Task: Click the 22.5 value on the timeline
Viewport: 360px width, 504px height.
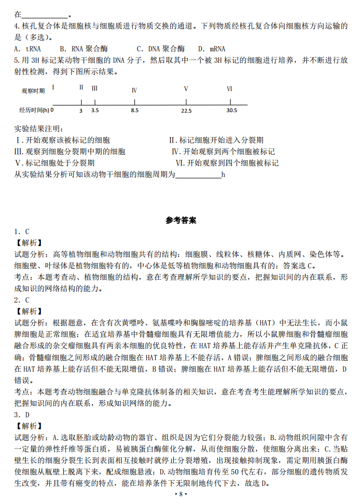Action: click(186, 111)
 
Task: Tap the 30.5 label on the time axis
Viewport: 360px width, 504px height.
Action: click(231, 110)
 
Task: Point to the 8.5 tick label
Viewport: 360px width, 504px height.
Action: click(134, 111)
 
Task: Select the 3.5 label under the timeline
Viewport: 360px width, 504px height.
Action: click(95, 111)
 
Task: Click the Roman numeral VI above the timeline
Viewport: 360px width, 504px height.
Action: click(229, 89)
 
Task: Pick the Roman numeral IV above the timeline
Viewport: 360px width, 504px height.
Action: click(134, 90)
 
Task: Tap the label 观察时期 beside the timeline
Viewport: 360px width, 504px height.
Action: click(33, 90)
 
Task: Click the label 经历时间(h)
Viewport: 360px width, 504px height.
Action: click(34, 110)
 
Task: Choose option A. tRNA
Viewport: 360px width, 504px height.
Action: click(27, 49)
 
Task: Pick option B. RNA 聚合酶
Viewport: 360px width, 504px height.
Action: click(84, 49)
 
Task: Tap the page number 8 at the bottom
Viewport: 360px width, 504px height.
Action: click(181, 494)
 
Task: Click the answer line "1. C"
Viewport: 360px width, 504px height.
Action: click(22, 231)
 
